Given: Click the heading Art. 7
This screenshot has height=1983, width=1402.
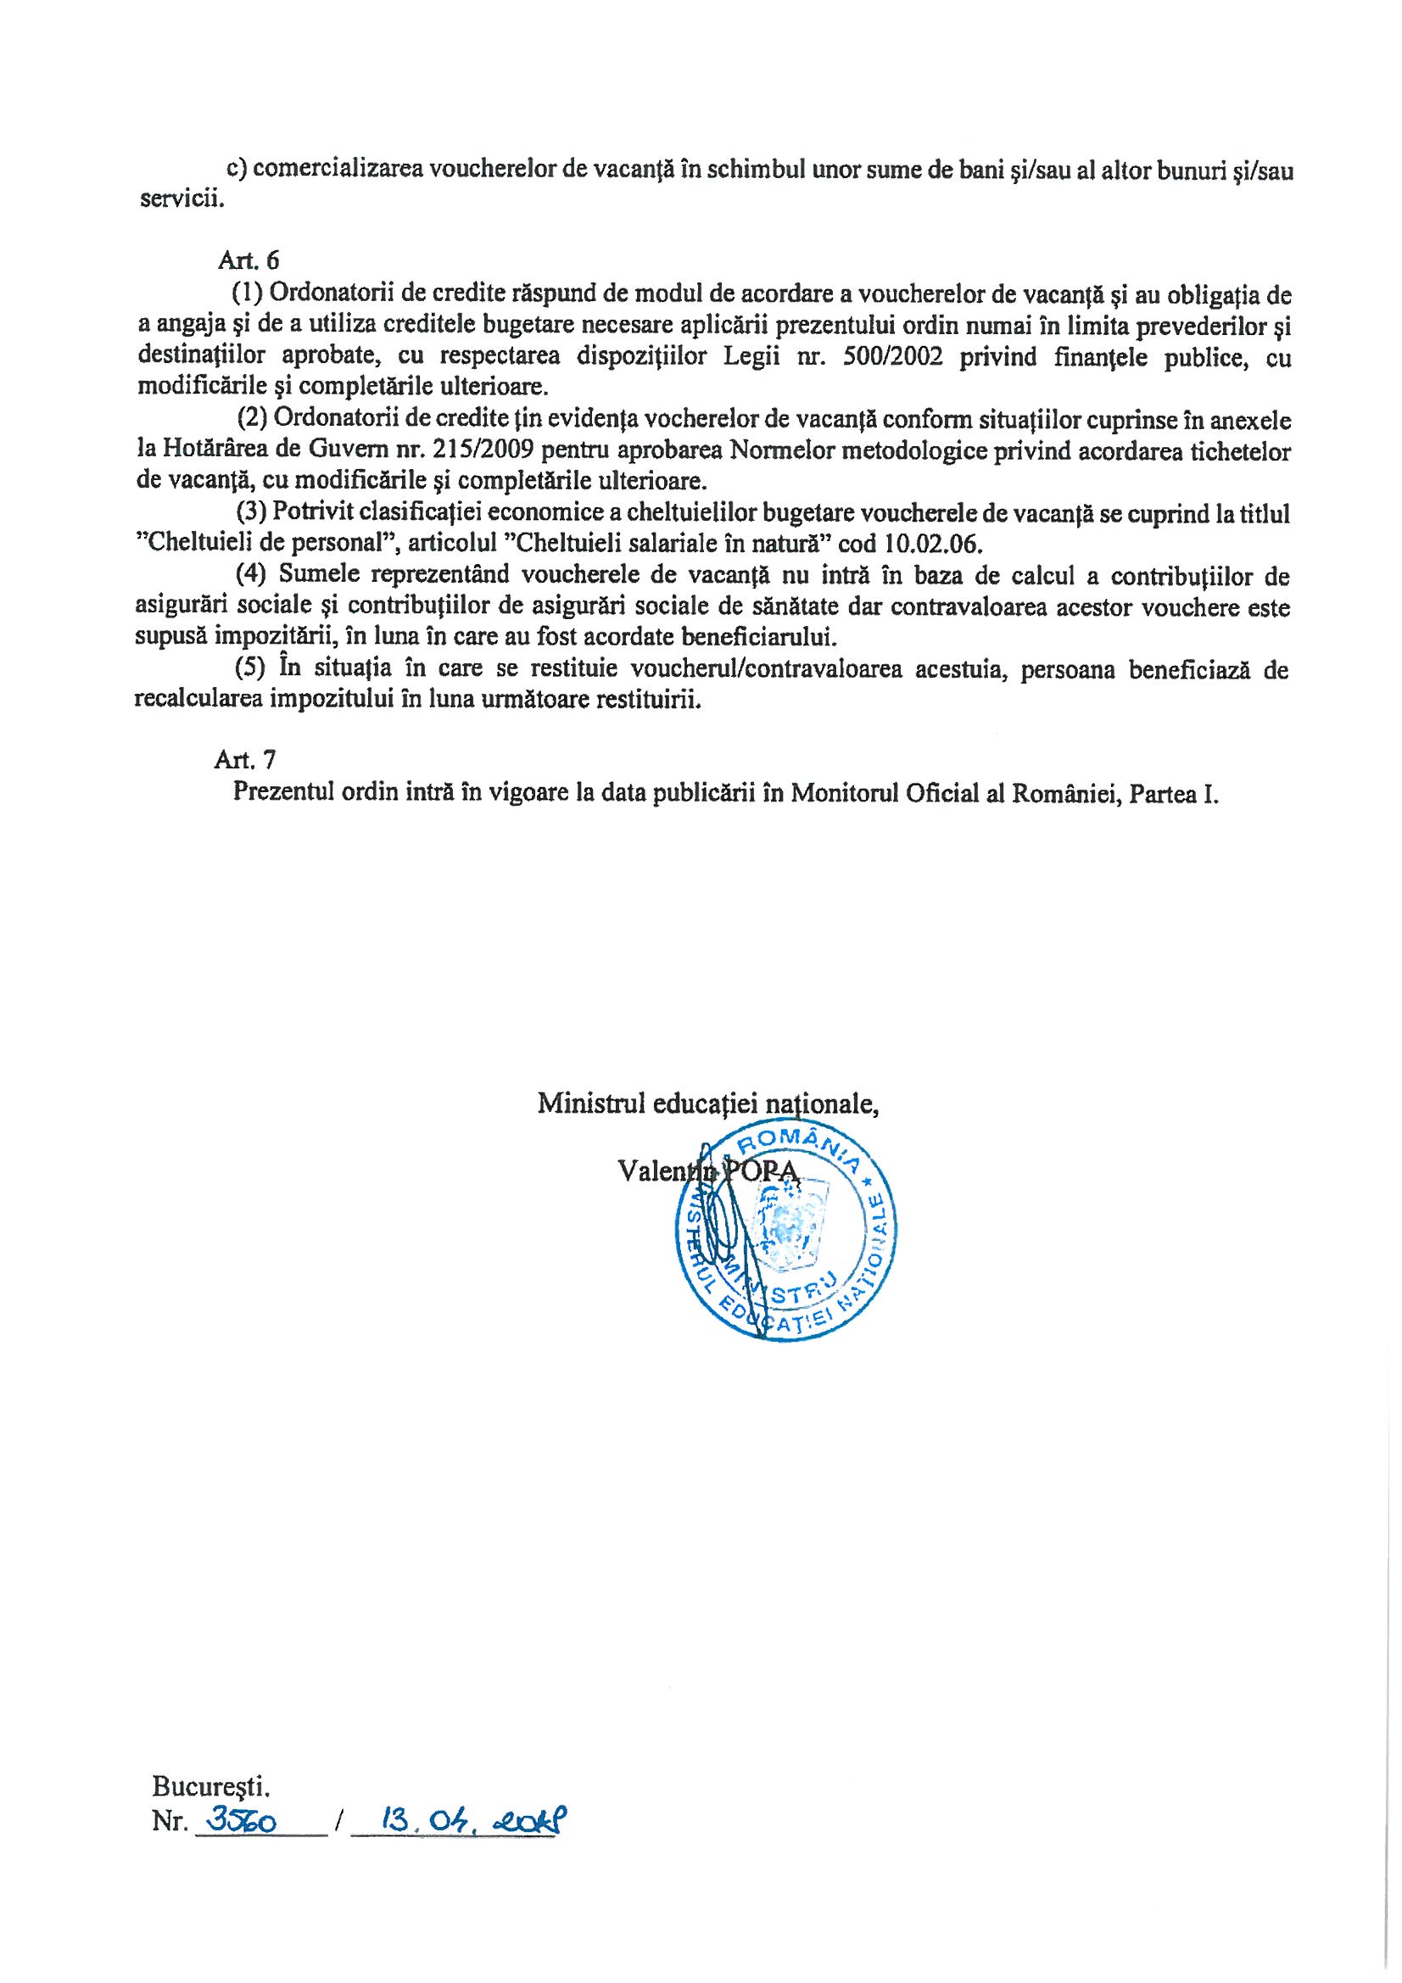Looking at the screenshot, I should point(245,759).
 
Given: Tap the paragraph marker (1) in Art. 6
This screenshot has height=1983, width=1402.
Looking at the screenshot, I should point(248,294).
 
